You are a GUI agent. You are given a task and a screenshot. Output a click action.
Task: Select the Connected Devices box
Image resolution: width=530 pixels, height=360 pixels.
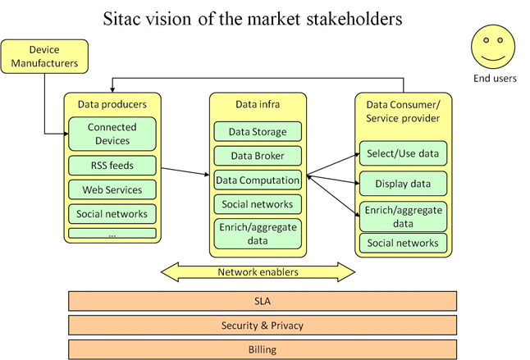112,134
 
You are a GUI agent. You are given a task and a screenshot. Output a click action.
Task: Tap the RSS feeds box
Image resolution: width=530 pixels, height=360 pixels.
112,166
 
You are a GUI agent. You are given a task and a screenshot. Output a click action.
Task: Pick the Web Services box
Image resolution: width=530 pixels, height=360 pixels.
112,190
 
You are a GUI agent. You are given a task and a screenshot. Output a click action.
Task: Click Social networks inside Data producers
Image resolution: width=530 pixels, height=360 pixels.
112,215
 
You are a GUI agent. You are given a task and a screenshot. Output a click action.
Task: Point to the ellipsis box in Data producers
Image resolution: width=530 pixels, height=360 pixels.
112,234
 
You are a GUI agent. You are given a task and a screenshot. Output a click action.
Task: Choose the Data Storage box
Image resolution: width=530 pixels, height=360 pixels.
258,131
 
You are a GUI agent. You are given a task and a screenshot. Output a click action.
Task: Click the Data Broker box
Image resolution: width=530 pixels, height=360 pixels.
258,154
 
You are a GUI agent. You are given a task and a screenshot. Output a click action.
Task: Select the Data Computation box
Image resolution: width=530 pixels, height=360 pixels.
258,178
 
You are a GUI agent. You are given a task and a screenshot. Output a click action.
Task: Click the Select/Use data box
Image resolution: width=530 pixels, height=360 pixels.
403,153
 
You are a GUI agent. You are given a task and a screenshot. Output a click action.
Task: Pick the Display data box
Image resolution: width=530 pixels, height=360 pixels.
403,183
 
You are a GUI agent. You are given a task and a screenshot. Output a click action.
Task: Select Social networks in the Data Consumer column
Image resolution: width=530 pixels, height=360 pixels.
403,243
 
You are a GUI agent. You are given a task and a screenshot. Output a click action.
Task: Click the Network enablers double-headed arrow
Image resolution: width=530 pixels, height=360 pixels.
258,271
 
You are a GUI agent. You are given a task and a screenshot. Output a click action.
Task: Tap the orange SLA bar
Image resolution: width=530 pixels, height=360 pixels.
262,299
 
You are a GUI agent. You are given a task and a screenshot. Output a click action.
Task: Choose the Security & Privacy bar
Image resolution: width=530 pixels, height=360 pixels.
262,326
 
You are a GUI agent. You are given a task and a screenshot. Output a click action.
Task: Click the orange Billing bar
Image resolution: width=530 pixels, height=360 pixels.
262,349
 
